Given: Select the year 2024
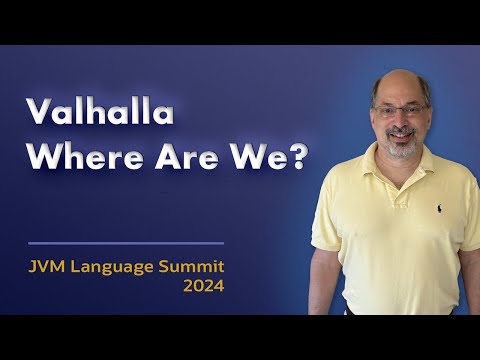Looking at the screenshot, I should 203,286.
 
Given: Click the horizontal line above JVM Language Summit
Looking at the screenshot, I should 126,243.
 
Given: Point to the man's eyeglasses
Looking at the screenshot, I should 400,110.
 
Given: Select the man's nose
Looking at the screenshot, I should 402,120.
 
